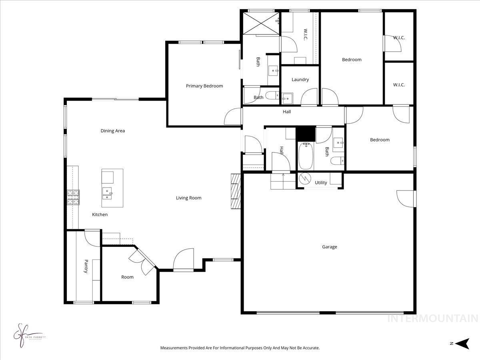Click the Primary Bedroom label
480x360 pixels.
tap(204, 86)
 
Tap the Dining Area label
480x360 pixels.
tap(112, 131)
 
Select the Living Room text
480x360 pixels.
tap(188, 198)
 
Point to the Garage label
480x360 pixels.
tap(329, 247)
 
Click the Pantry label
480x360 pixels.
tap(86, 266)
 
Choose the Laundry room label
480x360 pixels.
tap(300, 80)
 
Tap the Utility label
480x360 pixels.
tap(321, 183)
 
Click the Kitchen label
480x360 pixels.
tap(100, 215)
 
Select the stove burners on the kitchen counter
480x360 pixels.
tap(73, 197)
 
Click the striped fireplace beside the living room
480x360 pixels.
tap(235, 191)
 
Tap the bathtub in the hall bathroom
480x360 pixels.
tap(306, 156)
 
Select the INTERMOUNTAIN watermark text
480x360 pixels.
tap(433, 319)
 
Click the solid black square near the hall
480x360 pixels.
tap(306, 134)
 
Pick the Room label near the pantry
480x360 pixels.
tap(127, 277)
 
